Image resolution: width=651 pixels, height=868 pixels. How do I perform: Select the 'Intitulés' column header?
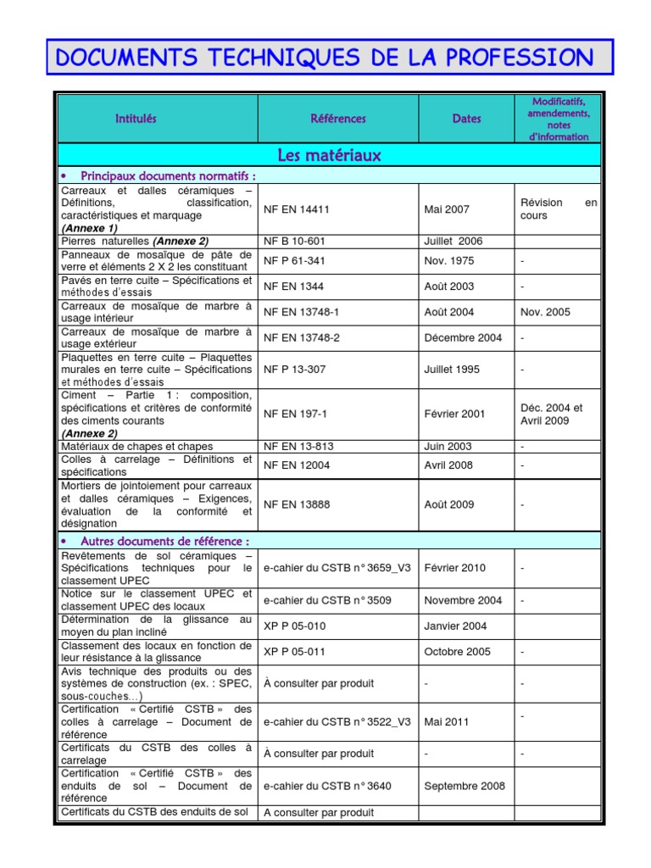click(136, 119)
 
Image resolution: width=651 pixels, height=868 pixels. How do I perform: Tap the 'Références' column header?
click(337, 119)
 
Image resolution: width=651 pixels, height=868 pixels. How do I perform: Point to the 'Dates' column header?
click(466, 119)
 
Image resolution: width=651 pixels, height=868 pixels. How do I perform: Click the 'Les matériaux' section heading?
click(329, 155)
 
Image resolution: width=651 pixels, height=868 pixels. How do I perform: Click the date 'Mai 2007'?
click(447, 209)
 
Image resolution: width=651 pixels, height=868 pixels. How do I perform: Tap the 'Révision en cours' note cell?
click(559, 209)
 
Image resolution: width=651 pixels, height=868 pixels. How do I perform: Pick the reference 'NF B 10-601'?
click(294, 241)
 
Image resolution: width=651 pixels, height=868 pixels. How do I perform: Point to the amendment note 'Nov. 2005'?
click(546, 312)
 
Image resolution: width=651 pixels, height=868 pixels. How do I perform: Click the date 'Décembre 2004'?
click(463, 337)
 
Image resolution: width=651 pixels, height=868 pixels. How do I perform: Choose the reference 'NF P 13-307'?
click(294, 370)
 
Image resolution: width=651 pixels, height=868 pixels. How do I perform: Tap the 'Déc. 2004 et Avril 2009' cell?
click(552, 414)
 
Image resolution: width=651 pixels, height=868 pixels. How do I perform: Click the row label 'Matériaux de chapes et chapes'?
click(136, 446)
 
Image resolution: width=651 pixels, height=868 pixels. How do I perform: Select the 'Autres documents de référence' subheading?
click(164, 541)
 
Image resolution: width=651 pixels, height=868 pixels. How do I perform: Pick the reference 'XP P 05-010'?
click(294, 626)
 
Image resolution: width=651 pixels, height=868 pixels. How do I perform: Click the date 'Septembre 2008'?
click(465, 786)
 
